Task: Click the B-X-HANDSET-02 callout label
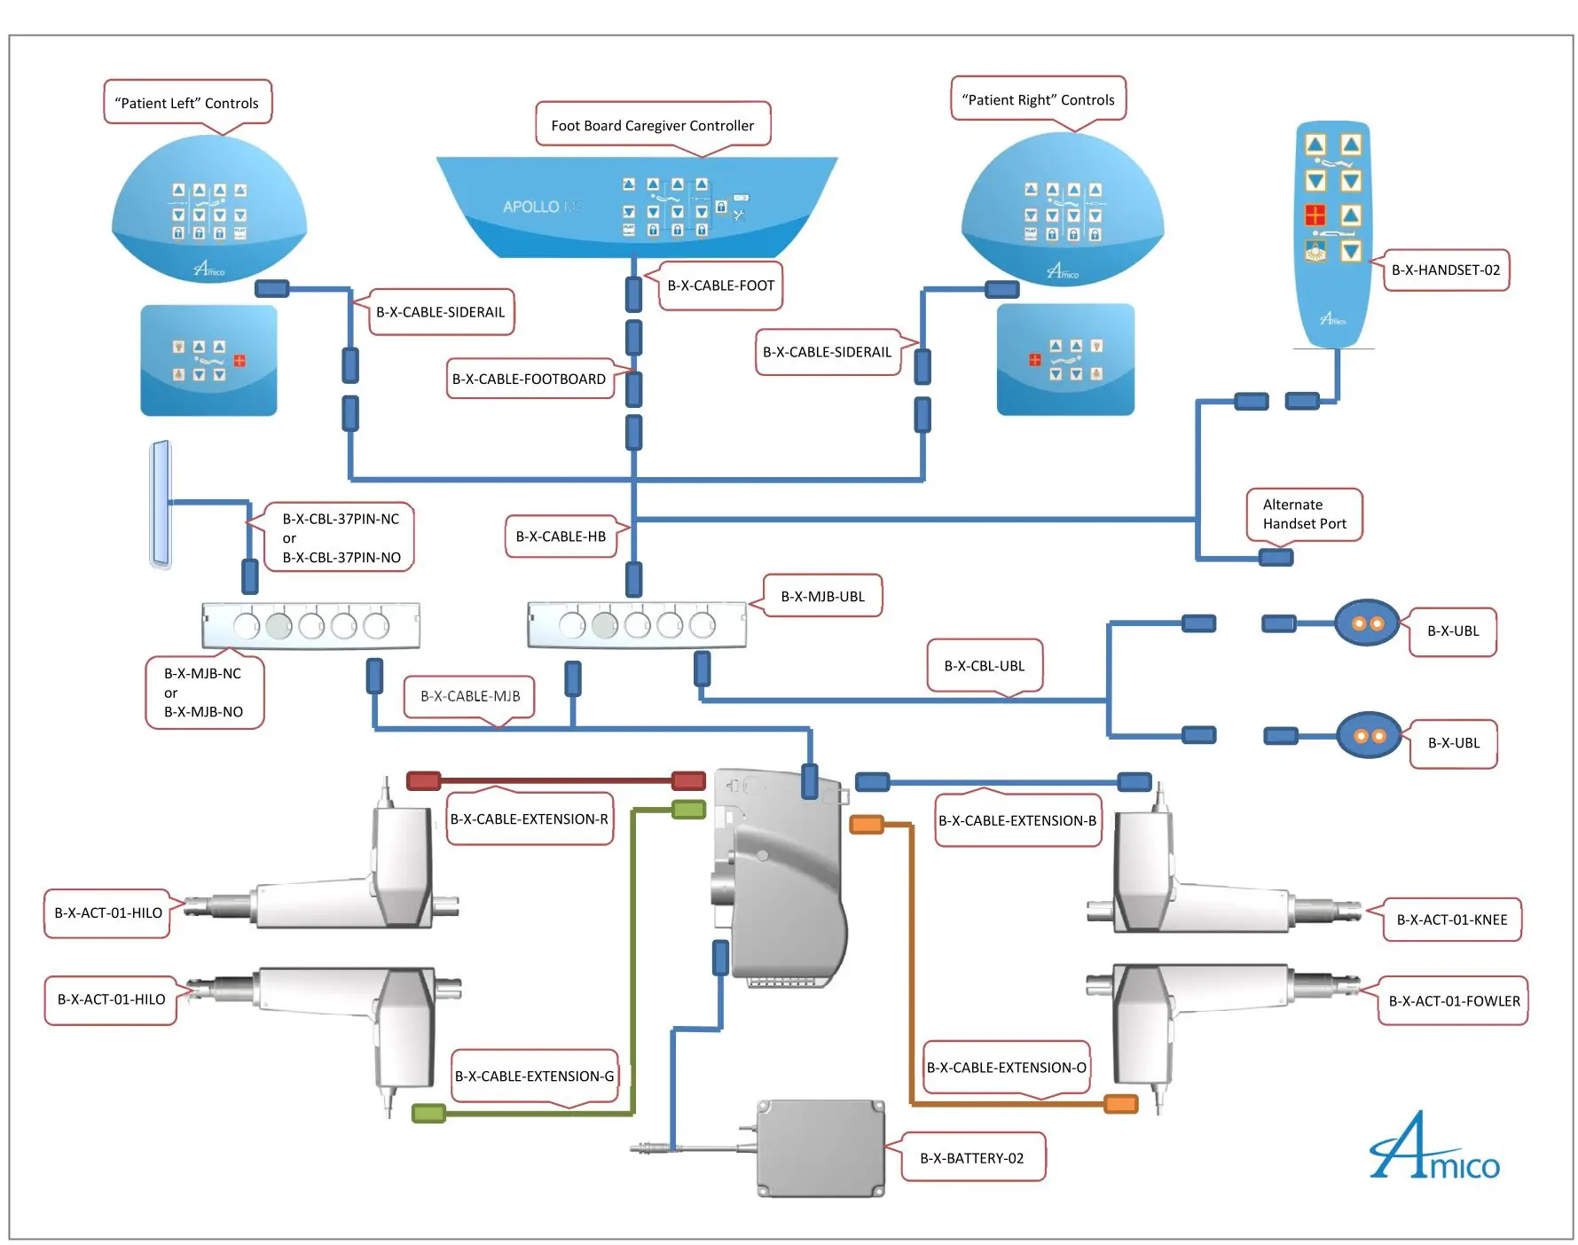click(1445, 270)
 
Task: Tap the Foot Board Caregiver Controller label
click(652, 126)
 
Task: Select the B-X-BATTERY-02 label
click(971, 1158)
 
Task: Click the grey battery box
click(820, 1148)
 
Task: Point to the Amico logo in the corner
click(1433, 1150)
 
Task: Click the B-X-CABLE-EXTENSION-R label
click(529, 819)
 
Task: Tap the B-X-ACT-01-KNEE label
click(1451, 920)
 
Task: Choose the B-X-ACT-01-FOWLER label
click(1454, 1001)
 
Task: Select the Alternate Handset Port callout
click(1304, 514)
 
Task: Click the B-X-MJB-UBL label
click(822, 597)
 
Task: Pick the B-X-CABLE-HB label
click(561, 536)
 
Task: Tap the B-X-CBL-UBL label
click(984, 666)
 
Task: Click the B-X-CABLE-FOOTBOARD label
click(529, 380)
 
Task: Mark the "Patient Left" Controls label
click(186, 104)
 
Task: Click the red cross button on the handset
click(1315, 215)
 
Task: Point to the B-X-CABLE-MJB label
click(470, 697)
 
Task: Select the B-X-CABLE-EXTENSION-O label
click(1006, 1068)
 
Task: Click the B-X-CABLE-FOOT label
click(720, 286)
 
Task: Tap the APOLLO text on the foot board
click(531, 207)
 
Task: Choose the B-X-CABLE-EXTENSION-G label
click(534, 1077)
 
